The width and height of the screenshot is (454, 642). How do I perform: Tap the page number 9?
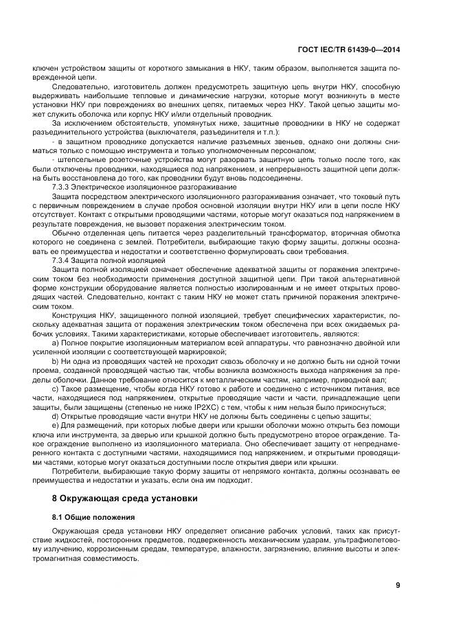[x=398, y=585]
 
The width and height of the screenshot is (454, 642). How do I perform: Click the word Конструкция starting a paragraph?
[x=73, y=315]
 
